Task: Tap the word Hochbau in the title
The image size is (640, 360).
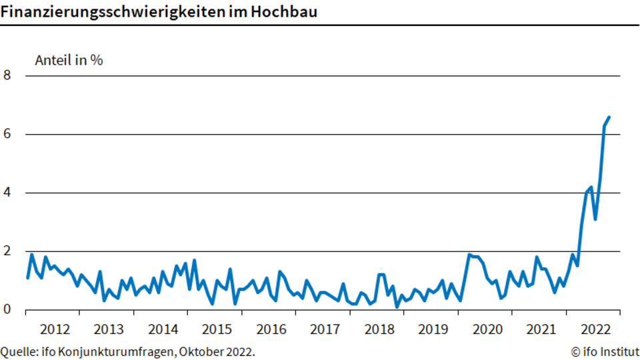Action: pyautogui.click(x=284, y=11)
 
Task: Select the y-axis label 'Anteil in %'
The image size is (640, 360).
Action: pyautogui.click(x=69, y=61)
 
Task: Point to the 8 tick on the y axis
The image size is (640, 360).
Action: pyautogui.click(x=7, y=75)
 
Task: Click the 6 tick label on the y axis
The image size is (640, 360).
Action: pyautogui.click(x=7, y=134)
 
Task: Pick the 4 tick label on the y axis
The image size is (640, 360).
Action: pyautogui.click(x=7, y=192)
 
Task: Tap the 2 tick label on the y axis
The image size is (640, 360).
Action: pyautogui.click(x=7, y=251)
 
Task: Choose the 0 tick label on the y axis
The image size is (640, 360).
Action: pyautogui.click(x=7, y=309)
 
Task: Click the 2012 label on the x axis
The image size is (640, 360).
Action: pyautogui.click(x=55, y=329)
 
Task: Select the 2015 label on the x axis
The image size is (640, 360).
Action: pyautogui.click(x=217, y=329)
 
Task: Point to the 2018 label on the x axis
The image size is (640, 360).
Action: pyautogui.click(x=379, y=329)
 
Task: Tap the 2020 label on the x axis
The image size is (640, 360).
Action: pyautogui.click(x=488, y=329)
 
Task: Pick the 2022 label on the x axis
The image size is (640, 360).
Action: pyautogui.click(x=595, y=329)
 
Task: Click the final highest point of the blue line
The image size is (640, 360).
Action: pyautogui.click(x=609, y=117)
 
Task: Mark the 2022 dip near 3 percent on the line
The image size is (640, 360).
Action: pyautogui.click(x=595, y=219)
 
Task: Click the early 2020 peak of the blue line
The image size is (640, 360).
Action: pyautogui.click(x=469, y=255)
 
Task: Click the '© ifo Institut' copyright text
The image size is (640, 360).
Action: pyautogui.click(x=605, y=351)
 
